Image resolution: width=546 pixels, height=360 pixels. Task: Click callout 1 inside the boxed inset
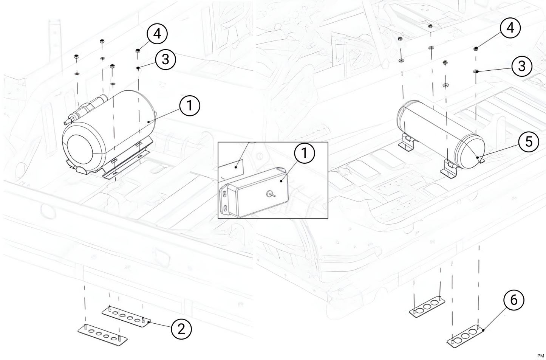[x=304, y=153]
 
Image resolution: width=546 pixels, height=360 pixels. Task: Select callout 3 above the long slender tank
[x=522, y=66]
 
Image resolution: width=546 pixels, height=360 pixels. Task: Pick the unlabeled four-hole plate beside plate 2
[x=102, y=334]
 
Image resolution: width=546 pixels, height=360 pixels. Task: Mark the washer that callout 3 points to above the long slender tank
[x=476, y=71]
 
